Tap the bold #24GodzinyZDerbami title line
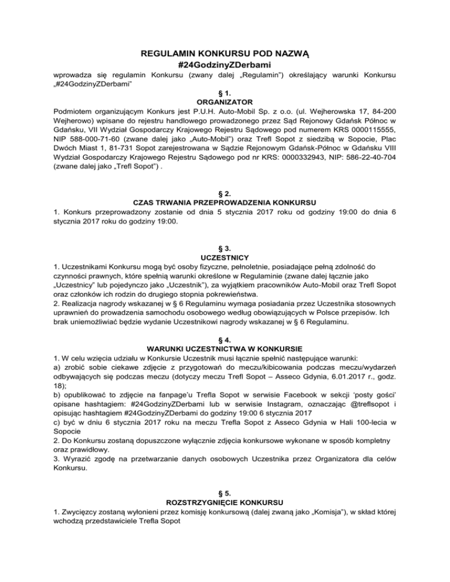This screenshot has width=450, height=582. click(225, 64)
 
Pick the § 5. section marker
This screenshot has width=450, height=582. click(225, 492)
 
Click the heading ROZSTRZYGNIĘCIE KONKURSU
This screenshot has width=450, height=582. click(225, 502)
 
